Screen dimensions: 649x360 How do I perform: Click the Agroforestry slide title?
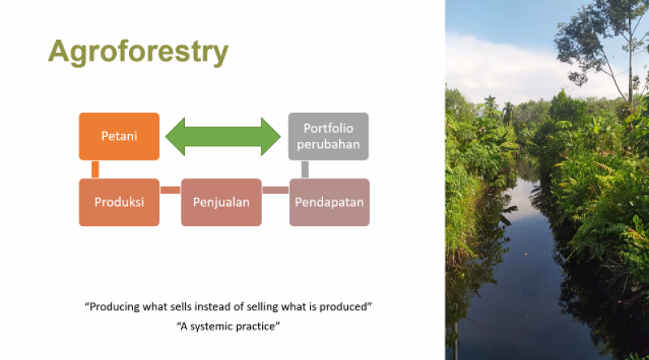pos(138,52)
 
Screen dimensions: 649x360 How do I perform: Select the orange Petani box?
pos(119,136)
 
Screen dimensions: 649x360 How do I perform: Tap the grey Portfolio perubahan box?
pos(329,136)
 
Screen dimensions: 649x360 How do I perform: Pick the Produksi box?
pos(119,202)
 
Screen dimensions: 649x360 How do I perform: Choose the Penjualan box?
pos(221,202)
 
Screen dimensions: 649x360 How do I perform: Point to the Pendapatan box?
pos(329,202)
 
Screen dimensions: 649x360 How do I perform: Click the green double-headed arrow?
pos(223,136)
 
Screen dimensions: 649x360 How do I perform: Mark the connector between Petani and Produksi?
pos(95,169)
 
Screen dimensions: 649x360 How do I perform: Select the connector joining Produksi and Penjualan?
pos(170,190)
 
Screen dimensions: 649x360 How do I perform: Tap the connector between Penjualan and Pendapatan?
pos(275,190)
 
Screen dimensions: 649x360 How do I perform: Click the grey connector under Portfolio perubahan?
pos(305,169)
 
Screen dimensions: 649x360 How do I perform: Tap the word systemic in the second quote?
pos(209,327)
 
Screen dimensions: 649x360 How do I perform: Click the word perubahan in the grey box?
pos(329,144)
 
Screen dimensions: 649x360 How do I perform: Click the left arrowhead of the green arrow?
pos(175,136)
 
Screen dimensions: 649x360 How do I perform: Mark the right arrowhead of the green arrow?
pos(271,136)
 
